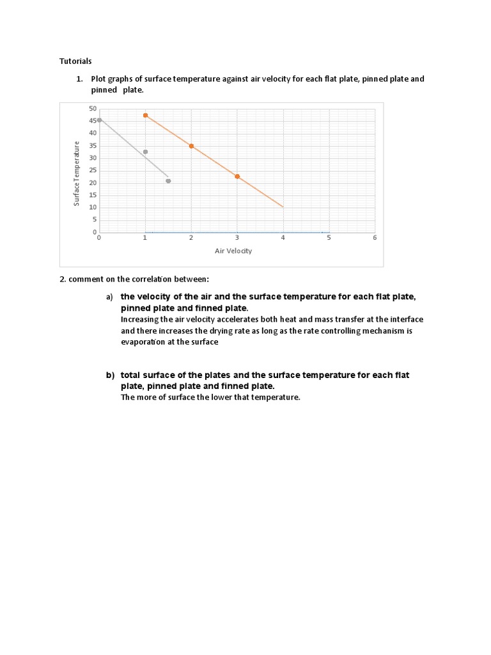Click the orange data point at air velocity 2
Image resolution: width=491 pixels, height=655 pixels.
[x=191, y=146]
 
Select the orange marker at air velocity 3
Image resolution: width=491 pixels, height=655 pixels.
[x=237, y=176]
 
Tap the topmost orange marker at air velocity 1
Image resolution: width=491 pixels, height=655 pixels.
[x=145, y=115]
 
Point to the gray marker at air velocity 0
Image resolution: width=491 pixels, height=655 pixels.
[x=99, y=120]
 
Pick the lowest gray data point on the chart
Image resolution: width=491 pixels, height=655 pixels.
[x=168, y=181]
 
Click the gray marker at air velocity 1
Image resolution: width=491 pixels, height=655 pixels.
[x=145, y=152]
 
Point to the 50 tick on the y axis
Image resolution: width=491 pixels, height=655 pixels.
[x=93, y=109]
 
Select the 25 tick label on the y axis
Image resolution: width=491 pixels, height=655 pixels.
[x=93, y=170]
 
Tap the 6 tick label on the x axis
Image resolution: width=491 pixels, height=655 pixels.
[x=375, y=237]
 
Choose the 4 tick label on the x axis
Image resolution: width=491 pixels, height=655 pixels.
[x=283, y=237]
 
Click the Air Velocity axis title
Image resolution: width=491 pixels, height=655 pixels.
[x=233, y=251]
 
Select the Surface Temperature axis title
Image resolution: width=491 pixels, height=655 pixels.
[x=77, y=173]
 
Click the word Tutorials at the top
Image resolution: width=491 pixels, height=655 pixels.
[x=75, y=61]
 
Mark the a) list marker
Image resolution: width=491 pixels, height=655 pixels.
[x=109, y=297]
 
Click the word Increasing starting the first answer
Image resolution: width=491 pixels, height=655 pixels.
[x=140, y=319]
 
